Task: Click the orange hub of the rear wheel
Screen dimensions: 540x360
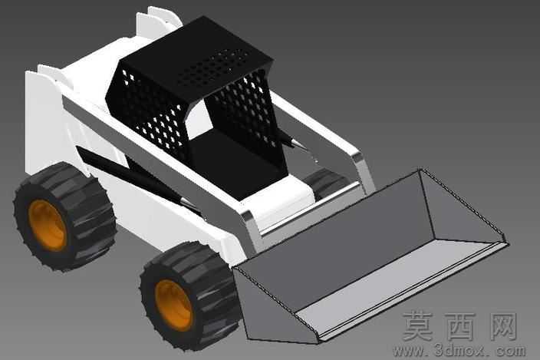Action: [47, 226]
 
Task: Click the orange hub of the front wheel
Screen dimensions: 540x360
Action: [173, 306]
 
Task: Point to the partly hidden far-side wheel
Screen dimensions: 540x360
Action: [325, 183]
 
